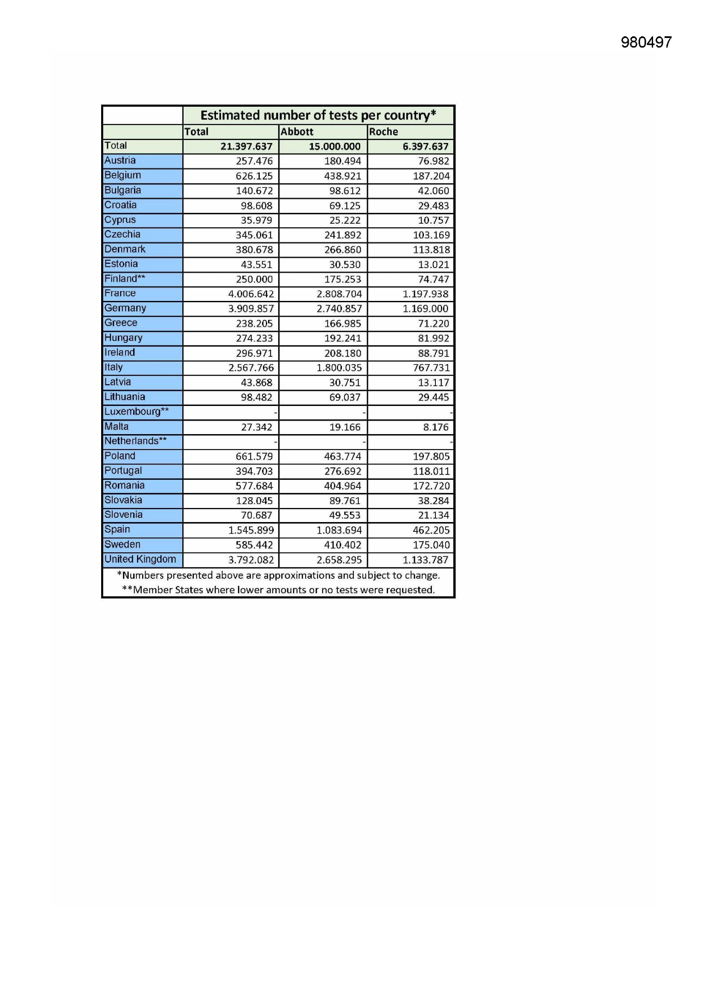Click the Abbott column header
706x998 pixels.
coord(297,132)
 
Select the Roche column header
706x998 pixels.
coord(383,132)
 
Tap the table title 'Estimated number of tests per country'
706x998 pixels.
coord(318,115)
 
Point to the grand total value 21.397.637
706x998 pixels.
coord(246,146)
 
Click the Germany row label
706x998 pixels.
coord(125,308)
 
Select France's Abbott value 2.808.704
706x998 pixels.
coord(339,294)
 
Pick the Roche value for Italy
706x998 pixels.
coord(431,368)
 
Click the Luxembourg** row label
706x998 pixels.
coord(137,411)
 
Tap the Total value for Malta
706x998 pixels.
coord(257,427)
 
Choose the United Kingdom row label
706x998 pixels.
coord(140,559)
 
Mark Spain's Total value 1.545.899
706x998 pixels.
coord(251,530)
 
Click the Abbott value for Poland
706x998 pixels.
coord(343,456)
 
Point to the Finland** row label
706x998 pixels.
coord(125,279)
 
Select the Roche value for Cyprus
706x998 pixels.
coord(433,220)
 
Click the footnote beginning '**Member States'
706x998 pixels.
coord(278,590)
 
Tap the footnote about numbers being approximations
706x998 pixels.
coord(278,575)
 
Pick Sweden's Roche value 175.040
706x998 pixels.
coord(431,545)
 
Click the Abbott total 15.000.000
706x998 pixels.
coord(335,146)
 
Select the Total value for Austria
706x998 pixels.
coord(254,161)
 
